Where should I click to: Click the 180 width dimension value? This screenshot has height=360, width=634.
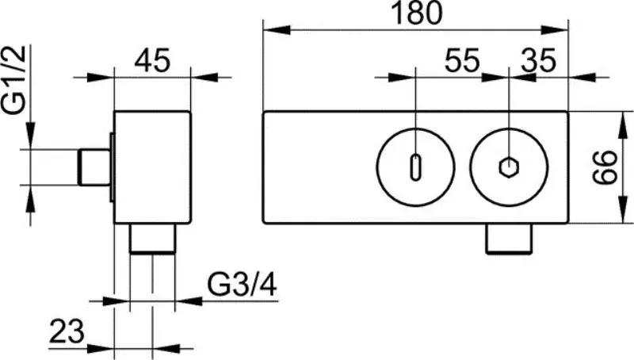(416, 13)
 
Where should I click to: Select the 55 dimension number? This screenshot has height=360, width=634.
(461, 60)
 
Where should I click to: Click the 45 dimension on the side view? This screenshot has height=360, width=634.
(152, 60)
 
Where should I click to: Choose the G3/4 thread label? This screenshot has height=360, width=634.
(242, 283)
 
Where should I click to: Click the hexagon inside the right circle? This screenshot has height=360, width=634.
(508, 168)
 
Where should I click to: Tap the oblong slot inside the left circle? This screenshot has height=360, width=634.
(415, 168)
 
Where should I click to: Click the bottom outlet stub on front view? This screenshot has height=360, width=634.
(508, 239)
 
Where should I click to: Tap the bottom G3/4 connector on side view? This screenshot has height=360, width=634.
(152, 239)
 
